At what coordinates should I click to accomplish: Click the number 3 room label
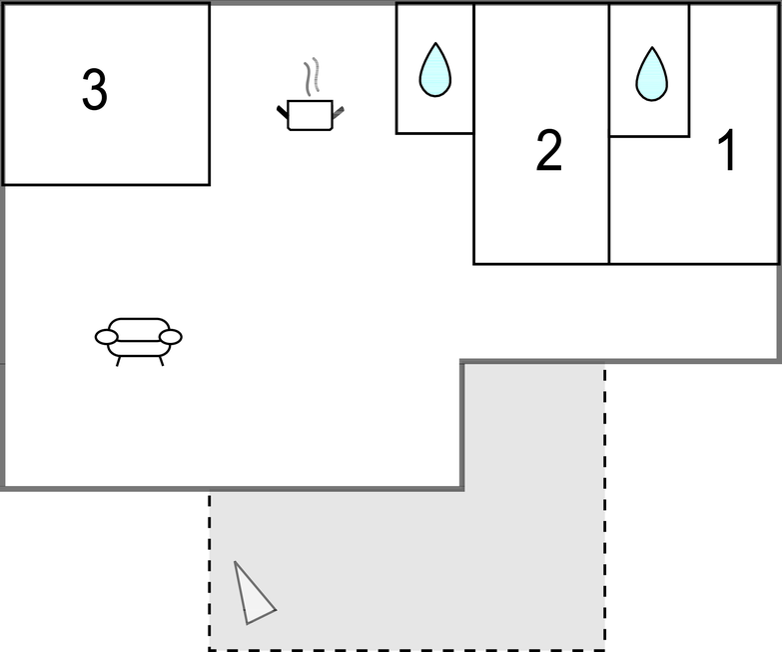pyautogui.click(x=94, y=89)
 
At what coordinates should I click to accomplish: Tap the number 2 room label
pyautogui.click(x=549, y=150)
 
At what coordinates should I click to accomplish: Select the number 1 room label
pyautogui.click(x=727, y=150)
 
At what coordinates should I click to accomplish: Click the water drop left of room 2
pyautogui.click(x=435, y=69)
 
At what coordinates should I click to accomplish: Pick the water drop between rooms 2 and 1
pyautogui.click(x=651, y=74)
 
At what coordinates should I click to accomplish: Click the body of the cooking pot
pyautogui.click(x=311, y=115)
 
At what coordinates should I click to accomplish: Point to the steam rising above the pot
pyautogui.click(x=312, y=76)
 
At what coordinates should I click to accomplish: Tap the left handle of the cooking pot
pyautogui.click(x=283, y=112)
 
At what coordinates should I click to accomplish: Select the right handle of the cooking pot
pyautogui.click(x=339, y=113)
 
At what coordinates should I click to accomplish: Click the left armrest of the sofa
pyautogui.click(x=106, y=337)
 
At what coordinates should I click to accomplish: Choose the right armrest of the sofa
pyautogui.click(x=171, y=337)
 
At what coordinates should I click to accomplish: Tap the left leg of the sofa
pyautogui.click(x=118, y=361)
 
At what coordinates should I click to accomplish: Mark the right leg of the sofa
pyautogui.click(x=161, y=361)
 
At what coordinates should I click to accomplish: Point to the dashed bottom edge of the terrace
pyautogui.click(x=406, y=650)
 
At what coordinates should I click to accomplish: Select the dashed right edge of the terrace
pyautogui.click(x=605, y=506)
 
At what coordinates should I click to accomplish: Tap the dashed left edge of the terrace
pyautogui.click(x=209, y=572)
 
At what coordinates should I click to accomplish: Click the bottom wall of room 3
pyautogui.click(x=106, y=185)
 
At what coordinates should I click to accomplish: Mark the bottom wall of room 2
pyautogui.click(x=541, y=264)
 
